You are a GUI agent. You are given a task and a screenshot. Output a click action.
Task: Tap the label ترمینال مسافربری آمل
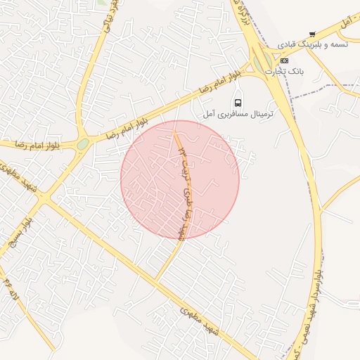point(238,113)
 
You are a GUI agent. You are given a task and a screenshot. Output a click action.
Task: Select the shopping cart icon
point(312,33)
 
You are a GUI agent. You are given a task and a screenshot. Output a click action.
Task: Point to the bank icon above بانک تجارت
point(283,60)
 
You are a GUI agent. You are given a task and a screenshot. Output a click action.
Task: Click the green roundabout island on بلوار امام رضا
point(83,143)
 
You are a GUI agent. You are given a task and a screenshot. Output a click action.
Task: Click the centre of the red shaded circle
point(180,179)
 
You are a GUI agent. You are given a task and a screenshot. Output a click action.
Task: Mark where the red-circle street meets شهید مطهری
point(155,278)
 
